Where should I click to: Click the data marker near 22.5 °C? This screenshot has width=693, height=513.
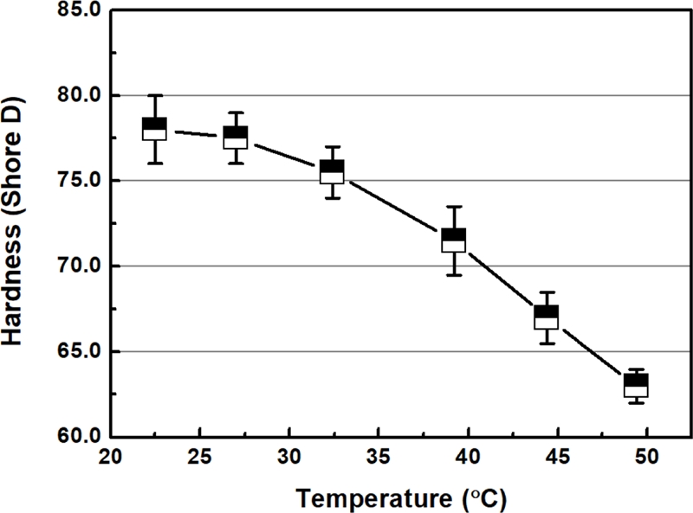click(154, 129)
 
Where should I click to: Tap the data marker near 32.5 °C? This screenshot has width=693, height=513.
click(332, 171)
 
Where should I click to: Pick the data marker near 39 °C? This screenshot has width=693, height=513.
click(454, 240)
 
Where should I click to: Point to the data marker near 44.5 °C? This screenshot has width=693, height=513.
click(546, 317)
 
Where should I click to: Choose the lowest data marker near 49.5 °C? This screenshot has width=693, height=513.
click(637, 385)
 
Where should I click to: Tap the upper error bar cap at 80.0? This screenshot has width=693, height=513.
click(154, 95)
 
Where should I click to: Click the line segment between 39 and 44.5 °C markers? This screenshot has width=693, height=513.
click(500, 278)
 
